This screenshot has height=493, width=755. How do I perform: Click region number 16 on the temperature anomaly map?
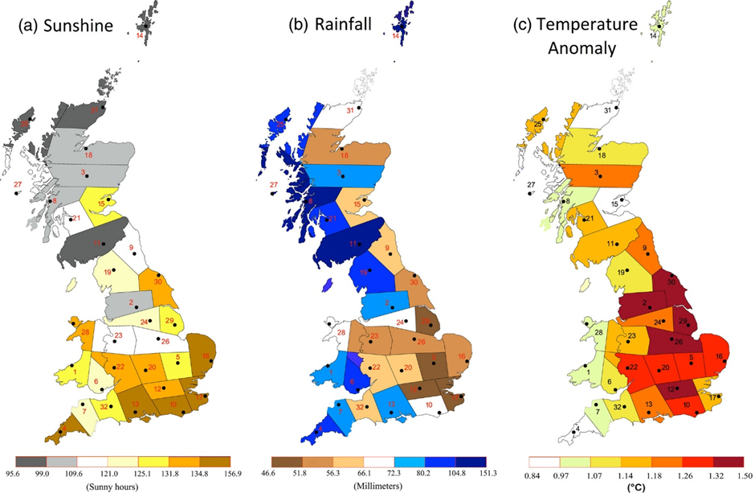click(x=719, y=356)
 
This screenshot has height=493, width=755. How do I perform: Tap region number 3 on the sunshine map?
click(x=83, y=173)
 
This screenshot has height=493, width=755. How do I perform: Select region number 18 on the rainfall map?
click(x=345, y=155)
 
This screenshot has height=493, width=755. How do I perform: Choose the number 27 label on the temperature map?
click(x=531, y=186)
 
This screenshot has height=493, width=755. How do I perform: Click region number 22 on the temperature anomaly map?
click(x=633, y=368)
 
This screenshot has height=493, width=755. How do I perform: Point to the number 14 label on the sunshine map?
click(x=140, y=36)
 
